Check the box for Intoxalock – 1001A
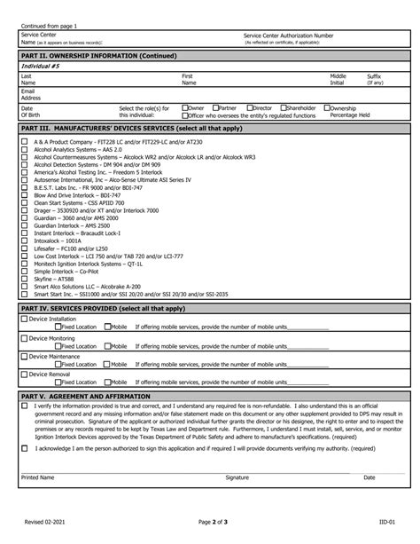(25, 240)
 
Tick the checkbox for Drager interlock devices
(25, 210)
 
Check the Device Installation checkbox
(25, 318)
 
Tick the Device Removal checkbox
(25, 374)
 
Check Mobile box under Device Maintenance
(107, 364)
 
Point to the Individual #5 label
(42, 66)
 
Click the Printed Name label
(37, 477)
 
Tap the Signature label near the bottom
(237, 477)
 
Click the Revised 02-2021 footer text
(41, 524)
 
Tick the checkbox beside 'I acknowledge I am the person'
(25, 448)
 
